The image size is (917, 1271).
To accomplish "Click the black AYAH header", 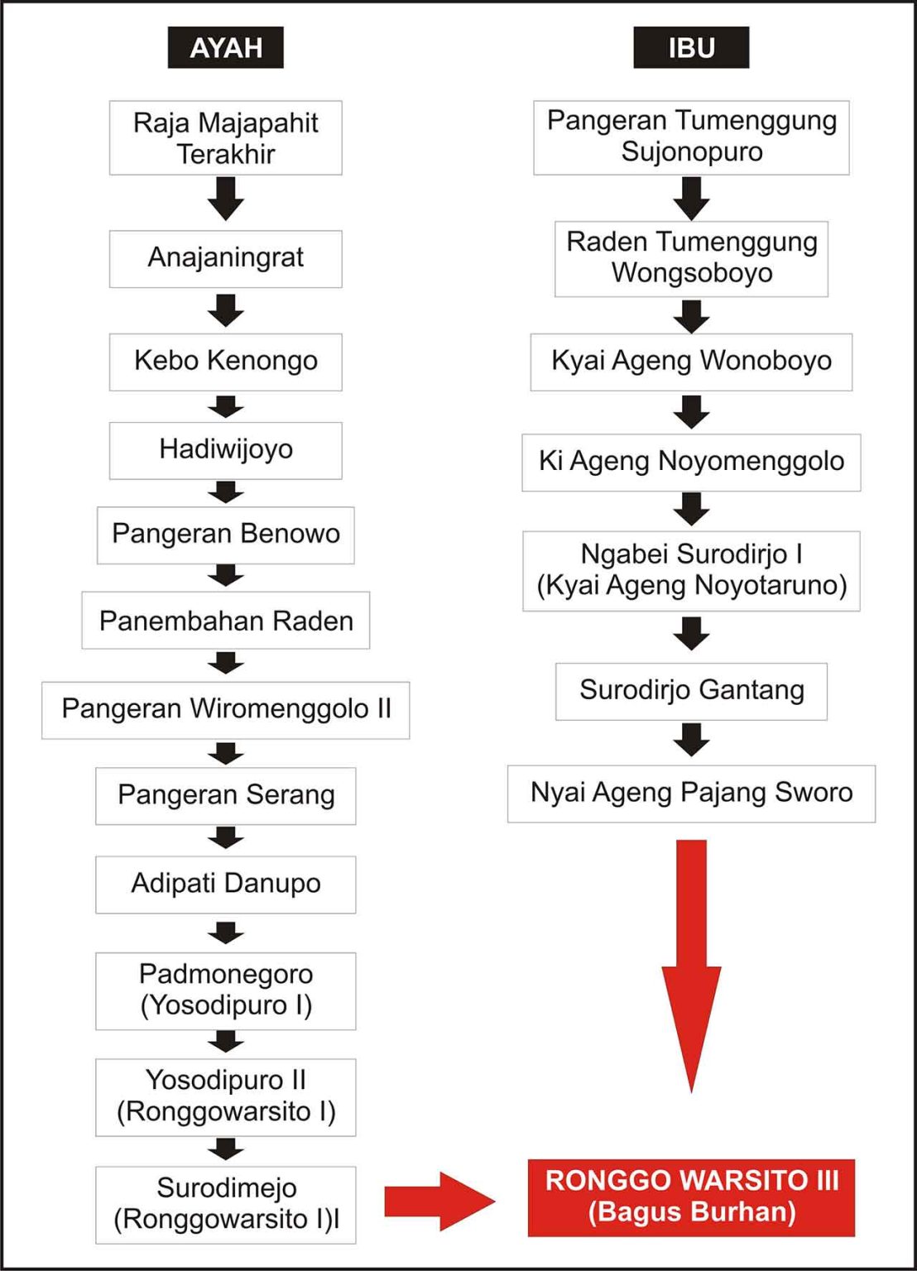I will point(225,47).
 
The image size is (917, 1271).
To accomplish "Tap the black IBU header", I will point(691,47).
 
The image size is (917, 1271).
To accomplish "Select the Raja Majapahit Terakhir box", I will point(225,137).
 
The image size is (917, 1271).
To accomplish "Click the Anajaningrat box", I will point(225,258).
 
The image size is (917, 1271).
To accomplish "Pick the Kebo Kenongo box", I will point(225,362).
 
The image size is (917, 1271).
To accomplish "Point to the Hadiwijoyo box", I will point(225,450).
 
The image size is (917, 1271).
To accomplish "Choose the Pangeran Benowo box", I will point(225,535).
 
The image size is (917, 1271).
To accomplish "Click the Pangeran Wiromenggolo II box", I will point(225,709).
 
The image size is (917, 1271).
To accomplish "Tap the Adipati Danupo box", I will point(225,884).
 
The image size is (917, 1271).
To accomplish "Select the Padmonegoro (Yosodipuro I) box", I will point(225,990).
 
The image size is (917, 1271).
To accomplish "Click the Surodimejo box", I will point(225,1204).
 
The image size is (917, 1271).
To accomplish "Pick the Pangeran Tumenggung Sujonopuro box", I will point(691,137).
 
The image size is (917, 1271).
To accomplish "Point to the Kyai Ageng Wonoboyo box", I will point(691,362).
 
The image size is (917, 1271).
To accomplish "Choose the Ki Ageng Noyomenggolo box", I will point(691,462).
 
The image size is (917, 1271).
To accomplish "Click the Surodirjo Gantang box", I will point(691,690).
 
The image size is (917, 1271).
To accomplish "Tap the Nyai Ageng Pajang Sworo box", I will point(691,793).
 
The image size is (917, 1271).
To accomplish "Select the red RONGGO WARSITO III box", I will point(691,1197).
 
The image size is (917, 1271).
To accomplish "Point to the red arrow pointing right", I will point(439,1201).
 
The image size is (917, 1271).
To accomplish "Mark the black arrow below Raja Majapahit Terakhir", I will point(225,199).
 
